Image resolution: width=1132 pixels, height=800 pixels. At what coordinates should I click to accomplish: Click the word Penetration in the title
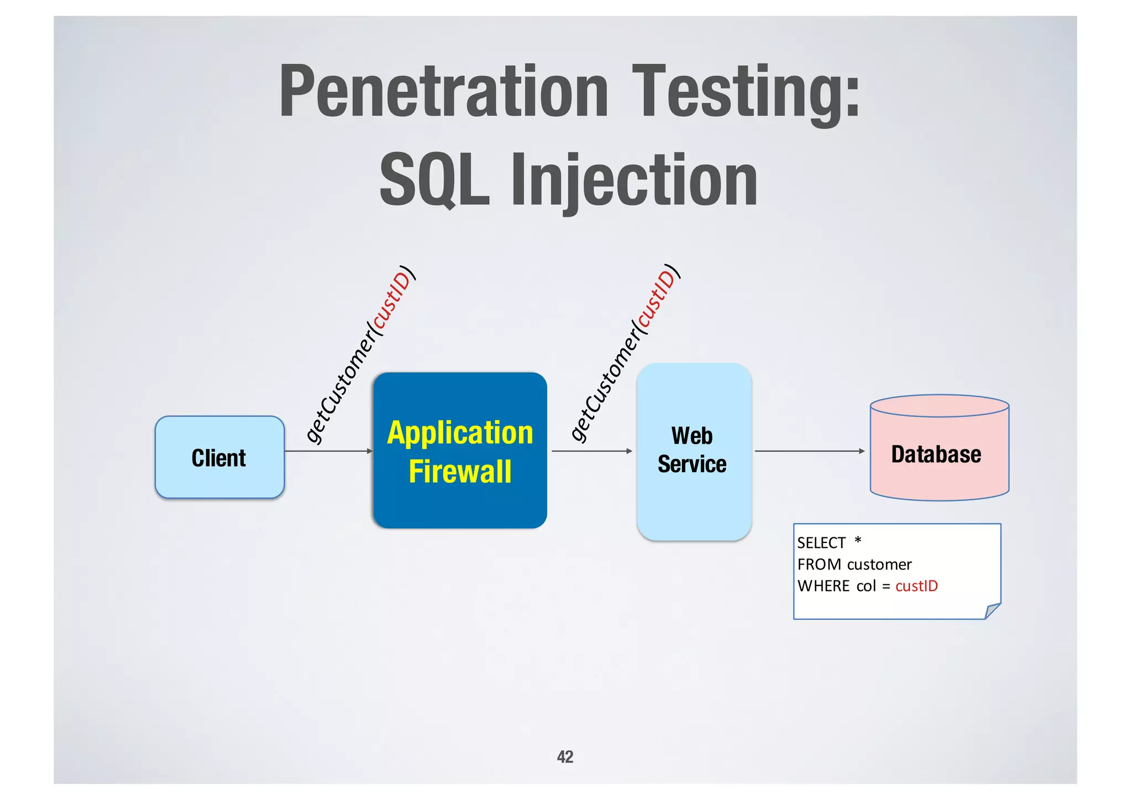443,92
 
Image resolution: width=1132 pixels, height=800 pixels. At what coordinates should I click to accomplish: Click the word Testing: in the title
746,92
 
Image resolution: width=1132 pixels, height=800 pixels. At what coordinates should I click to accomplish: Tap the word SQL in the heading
434,181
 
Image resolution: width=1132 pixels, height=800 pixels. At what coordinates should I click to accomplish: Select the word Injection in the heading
634,181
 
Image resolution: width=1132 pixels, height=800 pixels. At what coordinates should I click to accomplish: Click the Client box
219,458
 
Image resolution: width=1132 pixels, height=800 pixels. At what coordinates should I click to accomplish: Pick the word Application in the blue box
460,433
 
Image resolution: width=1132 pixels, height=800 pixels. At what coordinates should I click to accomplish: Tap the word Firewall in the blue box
460,472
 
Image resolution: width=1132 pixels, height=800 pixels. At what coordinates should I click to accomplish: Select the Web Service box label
692,450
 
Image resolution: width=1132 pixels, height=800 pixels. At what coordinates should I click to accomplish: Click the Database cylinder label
936,454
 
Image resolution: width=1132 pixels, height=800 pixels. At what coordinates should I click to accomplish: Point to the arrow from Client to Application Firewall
328,451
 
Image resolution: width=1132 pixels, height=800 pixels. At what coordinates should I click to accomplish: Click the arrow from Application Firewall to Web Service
591,451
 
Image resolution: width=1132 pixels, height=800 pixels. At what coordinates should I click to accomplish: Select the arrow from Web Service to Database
809,451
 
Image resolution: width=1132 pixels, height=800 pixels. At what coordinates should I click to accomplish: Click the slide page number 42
565,756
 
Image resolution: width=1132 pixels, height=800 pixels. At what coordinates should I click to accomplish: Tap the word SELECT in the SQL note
821,543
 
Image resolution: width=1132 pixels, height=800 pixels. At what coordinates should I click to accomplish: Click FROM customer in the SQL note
854,564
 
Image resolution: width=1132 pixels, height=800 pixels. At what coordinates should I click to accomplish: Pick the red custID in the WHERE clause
916,586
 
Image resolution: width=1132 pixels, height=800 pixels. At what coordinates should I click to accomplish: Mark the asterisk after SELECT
858,540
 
